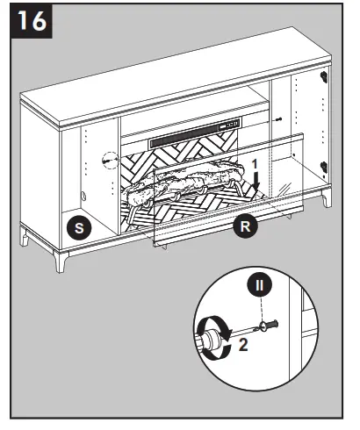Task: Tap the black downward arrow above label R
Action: (x=256, y=181)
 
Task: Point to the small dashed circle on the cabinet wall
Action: (x=109, y=161)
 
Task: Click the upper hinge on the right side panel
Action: (x=326, y=77)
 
